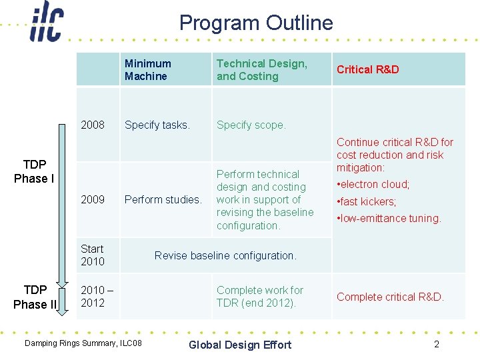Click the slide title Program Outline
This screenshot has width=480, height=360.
pos(256,23)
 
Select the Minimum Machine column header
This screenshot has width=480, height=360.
pos(147,70)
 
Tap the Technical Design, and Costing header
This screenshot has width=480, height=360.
pos(261,70)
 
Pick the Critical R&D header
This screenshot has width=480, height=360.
pos(367,69)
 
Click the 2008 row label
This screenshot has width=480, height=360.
pos(93,125)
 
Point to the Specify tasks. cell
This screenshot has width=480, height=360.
pos(157,125)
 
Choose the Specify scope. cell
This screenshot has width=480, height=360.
pos(251,125)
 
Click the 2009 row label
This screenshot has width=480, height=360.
pos(93,199)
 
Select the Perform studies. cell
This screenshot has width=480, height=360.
pos(163,199)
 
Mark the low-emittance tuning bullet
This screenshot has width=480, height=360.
pos(389,218)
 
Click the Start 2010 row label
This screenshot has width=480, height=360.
pos(93,255)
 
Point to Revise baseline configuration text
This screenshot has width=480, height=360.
pos(225,255)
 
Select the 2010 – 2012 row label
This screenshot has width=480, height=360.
pos(97,297)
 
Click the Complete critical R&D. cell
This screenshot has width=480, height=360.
pos(390,297)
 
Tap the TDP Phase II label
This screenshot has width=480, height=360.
pos(35,297)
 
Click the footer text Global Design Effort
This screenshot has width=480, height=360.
pos(240,345)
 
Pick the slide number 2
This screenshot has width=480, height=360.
pos(437,344)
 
